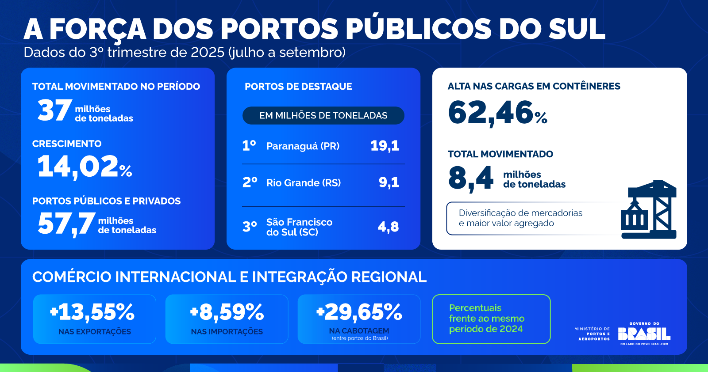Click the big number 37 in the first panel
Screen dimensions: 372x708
tap(54, 110)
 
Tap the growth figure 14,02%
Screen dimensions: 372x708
tap(85, 167)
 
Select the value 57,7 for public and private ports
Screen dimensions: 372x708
tap(66, 224)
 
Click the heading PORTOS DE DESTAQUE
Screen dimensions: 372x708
tap(298, 87)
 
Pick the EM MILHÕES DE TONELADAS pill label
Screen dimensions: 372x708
tap(323, 116)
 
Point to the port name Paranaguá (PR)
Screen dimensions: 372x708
tap(303, 146)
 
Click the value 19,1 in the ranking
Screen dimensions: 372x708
tap(385, 146)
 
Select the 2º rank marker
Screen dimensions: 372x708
tap(250, 182)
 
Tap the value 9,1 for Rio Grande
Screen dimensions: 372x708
tap(389, 182)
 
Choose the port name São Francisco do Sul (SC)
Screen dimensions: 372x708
tap(299, 227)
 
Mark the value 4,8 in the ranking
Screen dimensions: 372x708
tap(388, 227)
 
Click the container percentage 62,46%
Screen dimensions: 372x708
tap(497, 113)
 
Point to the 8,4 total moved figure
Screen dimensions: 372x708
tap(471, 178)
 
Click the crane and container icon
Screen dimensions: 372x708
tap(649, 209)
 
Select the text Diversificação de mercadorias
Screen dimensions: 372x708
tap(520, 213)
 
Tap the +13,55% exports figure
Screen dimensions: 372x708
tap(92, 312)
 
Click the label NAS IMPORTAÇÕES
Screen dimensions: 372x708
tap(227, 332)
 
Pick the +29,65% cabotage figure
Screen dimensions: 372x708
tap(359, 312)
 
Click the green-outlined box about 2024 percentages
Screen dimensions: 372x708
tap(491, 319)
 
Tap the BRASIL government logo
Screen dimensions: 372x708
tap(644, 334)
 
